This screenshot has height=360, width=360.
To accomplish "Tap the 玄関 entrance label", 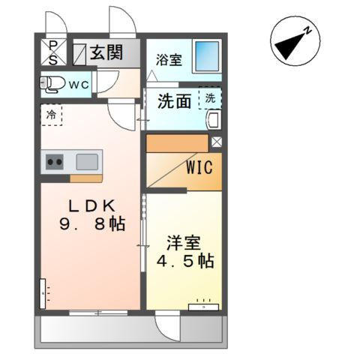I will coord(107,52).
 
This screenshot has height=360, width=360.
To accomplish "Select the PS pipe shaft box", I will coord(53,52).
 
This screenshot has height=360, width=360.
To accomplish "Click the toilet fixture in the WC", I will coord(52,83).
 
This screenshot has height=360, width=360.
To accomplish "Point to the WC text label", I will coord(79,85).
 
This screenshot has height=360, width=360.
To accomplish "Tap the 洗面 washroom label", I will coord(174,102).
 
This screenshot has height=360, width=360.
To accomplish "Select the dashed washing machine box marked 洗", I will coord(210,98).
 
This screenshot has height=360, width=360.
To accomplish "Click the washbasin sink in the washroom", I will coord(212,120).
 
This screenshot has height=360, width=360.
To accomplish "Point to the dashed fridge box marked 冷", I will coord(52,116).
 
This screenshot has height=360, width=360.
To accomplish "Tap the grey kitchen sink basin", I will coord(87,160).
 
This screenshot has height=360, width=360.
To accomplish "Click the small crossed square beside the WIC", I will coord(217,141).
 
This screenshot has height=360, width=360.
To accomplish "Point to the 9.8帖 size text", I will coord(92,223).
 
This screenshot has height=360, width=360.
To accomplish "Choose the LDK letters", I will coord(92,205).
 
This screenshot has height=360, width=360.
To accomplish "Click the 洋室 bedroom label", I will coord(183,244).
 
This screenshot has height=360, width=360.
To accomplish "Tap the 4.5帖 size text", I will coord(184,261).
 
